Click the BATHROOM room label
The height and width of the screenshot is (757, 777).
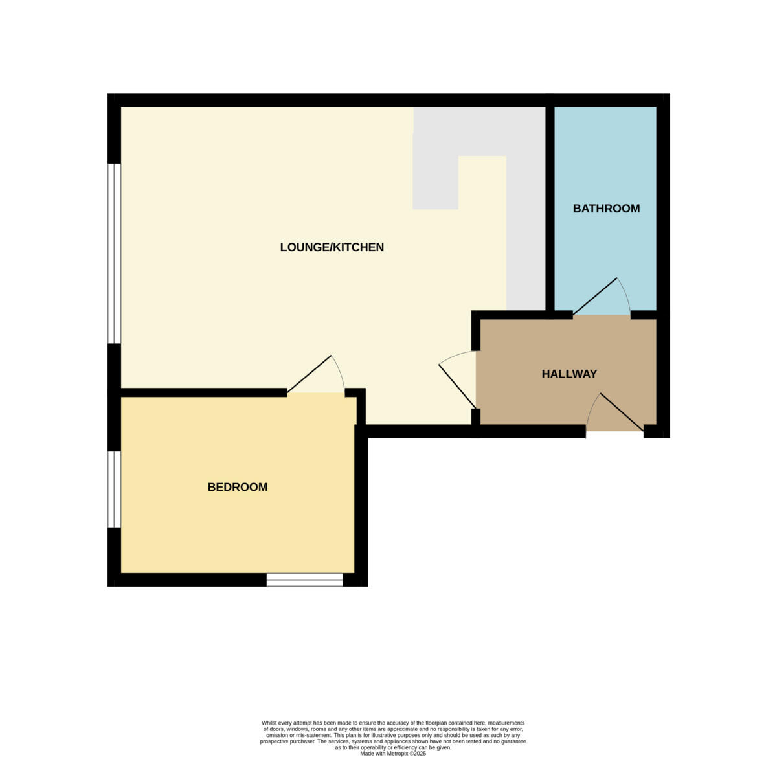606,209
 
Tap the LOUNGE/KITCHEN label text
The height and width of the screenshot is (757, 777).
332,247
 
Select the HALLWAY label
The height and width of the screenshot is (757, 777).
569,374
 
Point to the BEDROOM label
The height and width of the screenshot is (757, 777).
237,487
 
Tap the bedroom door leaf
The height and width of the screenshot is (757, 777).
310,374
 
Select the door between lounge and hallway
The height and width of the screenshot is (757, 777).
457,386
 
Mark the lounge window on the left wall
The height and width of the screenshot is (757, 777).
115,253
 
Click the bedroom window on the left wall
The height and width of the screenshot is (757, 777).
115,489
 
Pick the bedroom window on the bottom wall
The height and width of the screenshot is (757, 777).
304,580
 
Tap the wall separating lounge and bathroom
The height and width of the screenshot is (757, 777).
550,207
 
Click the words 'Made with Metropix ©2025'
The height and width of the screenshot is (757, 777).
393,753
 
